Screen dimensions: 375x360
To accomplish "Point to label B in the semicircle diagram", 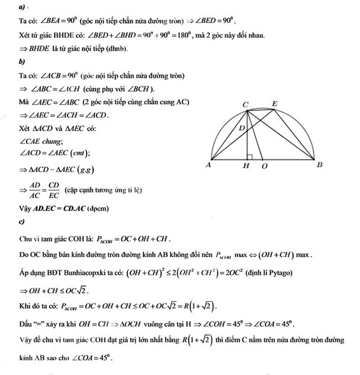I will coord(319,165).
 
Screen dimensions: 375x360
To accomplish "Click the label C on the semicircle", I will coord(245,104).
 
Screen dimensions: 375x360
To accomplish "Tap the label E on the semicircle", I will coord(274,104).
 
